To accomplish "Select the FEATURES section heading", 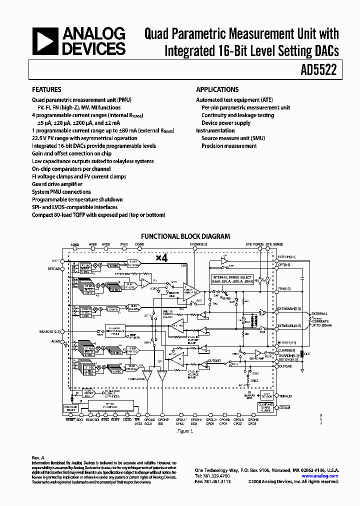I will point(46,90).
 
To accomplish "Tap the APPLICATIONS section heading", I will point(217,90).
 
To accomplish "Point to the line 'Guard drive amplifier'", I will point(57,184).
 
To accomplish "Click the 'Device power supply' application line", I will point(226,123).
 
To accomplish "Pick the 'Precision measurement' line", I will point(229,146).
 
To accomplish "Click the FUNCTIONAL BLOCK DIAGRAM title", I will point(185,236).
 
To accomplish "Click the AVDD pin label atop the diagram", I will point(106,244).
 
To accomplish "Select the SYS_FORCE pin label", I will point(254,244).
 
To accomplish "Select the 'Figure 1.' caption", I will point(184,430).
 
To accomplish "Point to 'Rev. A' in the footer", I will point(38,457).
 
